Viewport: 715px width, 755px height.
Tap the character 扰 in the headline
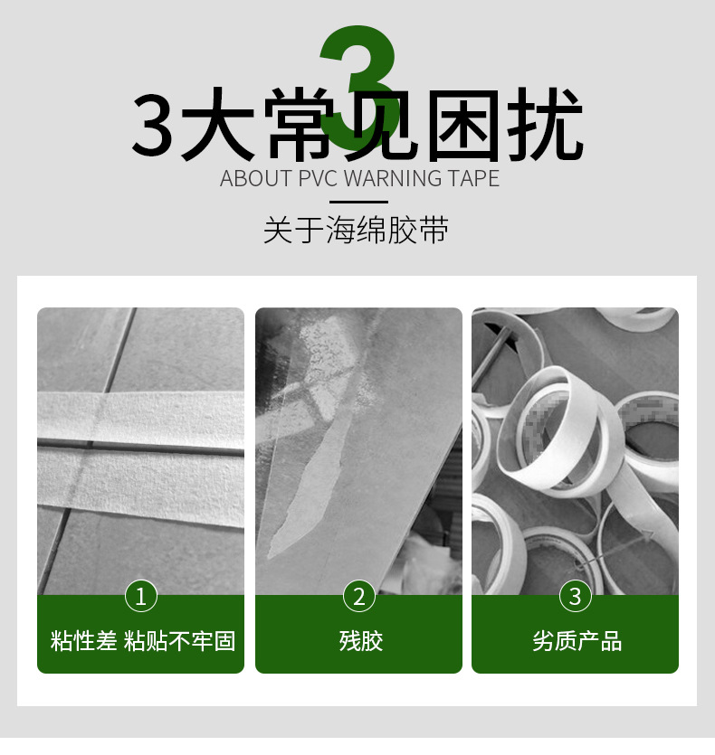click(545, 124)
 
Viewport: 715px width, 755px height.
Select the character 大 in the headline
click(218, 124)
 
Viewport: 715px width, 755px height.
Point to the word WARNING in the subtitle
click(394, 178)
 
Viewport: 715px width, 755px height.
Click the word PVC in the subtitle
click(319, 178)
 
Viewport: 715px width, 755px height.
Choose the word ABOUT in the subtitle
click(256, 178)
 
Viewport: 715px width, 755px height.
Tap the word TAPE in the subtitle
click(474, 178)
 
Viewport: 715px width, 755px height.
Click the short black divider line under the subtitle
click(358, 203)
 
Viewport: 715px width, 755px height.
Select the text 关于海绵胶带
click(357, 230)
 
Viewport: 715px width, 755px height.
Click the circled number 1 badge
click(141, 596)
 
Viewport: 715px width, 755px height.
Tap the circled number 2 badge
click(358, 596)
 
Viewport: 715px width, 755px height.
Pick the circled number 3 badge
click(576, 596)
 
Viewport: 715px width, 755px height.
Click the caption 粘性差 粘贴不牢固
click(143, 641)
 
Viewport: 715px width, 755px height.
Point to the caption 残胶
click(361, 641)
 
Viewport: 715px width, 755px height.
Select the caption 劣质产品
click(577, 641)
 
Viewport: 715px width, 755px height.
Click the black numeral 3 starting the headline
click(152, 124)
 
